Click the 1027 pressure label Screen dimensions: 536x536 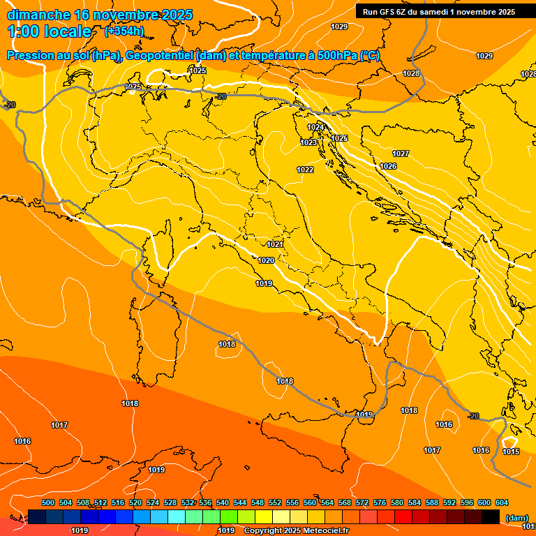point(401,154)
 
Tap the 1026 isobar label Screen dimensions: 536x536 point(388,166)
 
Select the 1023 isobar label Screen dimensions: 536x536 point(308,142)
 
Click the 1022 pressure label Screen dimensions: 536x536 point(305,170)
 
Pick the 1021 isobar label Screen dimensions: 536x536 point(275,245)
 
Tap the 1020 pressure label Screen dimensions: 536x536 point(266,260)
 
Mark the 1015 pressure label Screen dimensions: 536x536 point(511,452)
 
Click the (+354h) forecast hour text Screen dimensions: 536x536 point(124,31)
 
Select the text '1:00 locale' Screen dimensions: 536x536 point(50,31)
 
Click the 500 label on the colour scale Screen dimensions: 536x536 point(48,502)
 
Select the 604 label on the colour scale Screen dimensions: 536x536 point(501,502)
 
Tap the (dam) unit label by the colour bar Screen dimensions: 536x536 point(516,518)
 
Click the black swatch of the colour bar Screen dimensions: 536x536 point(491,516)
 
